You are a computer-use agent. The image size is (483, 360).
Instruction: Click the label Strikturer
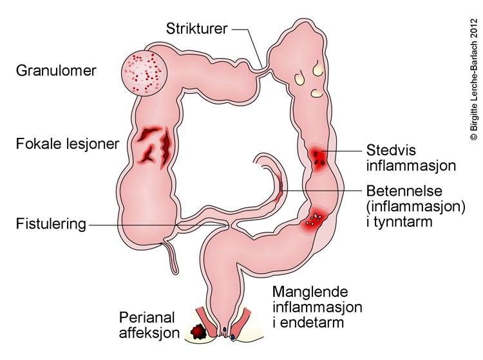[196, 28]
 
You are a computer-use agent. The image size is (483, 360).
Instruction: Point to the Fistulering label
[51, 224]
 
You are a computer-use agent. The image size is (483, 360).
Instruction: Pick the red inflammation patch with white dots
[316, 219]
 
